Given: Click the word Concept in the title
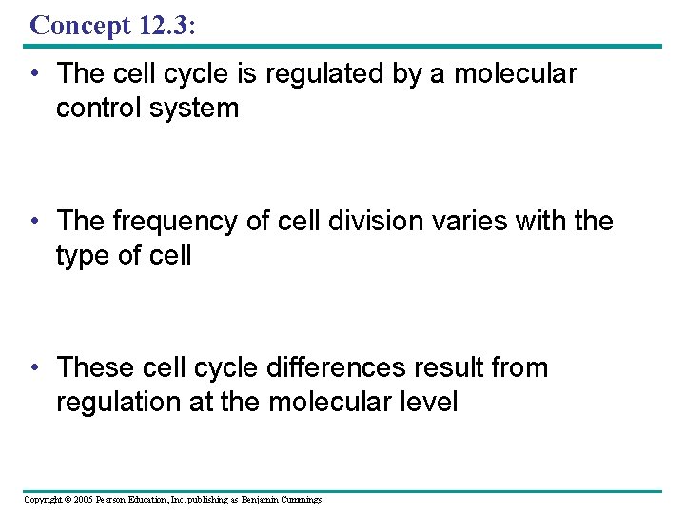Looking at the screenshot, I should pos(81,26).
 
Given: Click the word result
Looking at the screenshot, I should pos(429,366).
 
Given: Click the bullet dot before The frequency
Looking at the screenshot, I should pos(34,222).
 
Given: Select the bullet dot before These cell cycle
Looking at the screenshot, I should pos(34,367).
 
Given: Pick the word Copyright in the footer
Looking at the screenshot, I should pos(41,500).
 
